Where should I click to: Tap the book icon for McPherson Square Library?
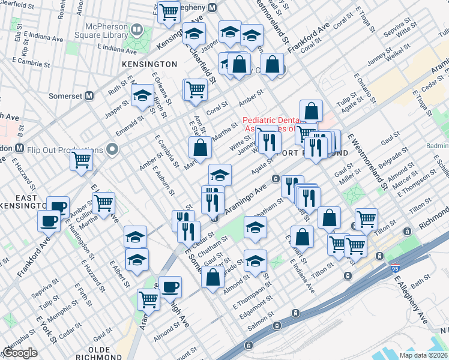pos(137,29)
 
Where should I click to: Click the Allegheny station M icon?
pos(211,7)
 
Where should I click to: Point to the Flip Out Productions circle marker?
pos(112,149)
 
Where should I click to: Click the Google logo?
pos(20,353)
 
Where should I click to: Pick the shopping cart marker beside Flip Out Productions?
pos(81,160)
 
